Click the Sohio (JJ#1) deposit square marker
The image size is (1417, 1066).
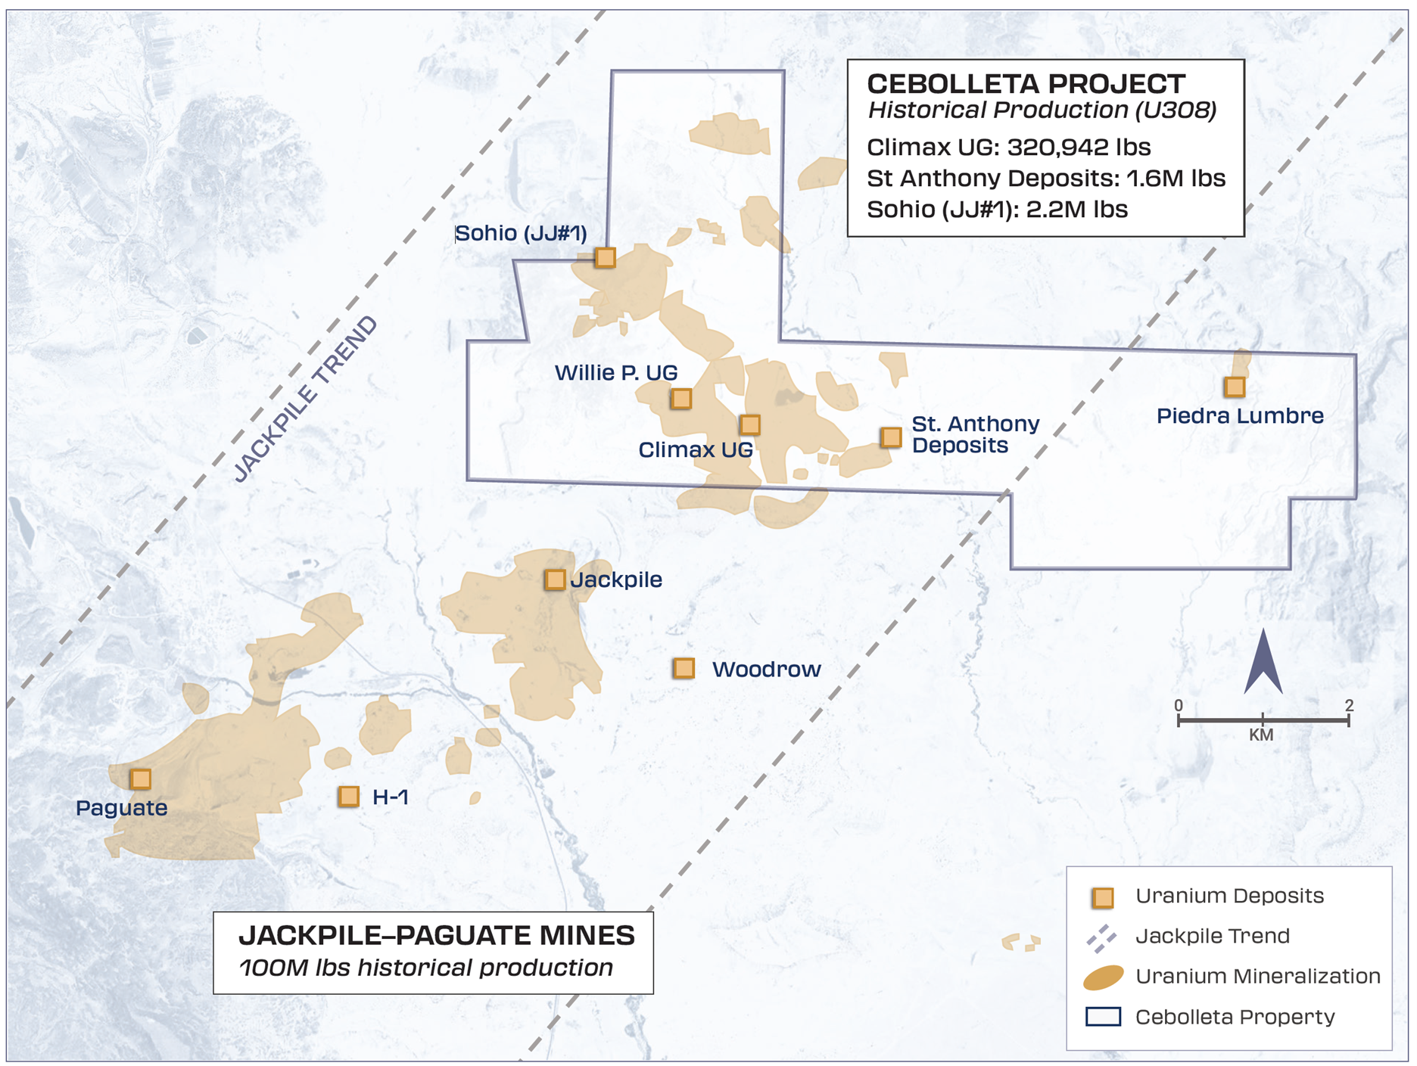(x=605, y=258)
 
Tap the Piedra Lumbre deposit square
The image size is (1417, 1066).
(x=1235, y=387)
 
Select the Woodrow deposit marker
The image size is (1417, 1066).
(x=684, y=668)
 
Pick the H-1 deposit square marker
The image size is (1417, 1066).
(x=349, y=796)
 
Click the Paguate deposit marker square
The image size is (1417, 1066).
(x=140, y=779)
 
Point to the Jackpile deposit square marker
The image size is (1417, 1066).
(x=555, y=580)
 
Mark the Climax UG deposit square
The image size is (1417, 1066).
(x=749, y=424)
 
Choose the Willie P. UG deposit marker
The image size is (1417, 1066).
(x=681, y=399)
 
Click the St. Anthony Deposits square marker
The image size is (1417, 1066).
(x=891, y=437)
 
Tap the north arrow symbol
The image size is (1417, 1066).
(x=1263, y=662)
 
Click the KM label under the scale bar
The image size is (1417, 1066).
(x=1261, y=735)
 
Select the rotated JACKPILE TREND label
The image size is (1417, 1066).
(x=305, y=399)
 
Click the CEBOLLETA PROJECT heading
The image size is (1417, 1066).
(x=1026, y=83)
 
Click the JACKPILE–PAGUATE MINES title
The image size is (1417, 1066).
(x=437, y=936)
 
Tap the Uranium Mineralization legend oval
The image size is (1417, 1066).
(x=1103, y=977)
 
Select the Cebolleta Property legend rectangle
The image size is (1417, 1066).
(x=1103, y=1016)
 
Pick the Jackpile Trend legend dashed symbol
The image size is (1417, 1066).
(x=1101, y=937)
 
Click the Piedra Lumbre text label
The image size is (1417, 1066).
(x=1240, y=415)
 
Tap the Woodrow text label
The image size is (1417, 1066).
(x=766, y=670)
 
